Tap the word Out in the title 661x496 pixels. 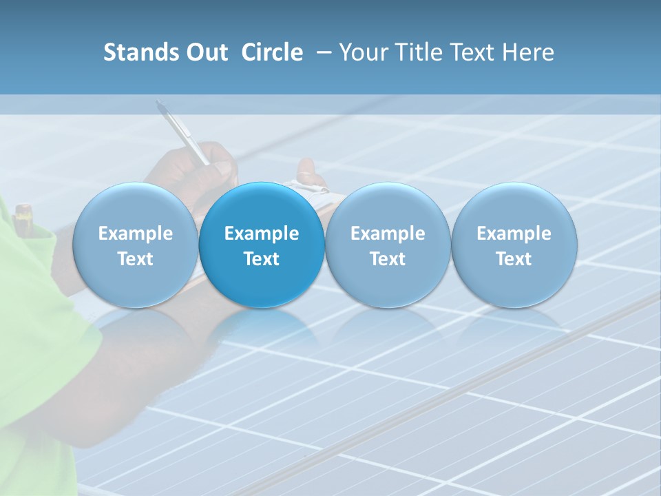tap(204, 52)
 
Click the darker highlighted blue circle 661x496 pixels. tap(262, 245)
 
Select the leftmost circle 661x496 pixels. tap(135, 245)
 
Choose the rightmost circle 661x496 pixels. tap(514, 245)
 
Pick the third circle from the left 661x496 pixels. tap(388, 245)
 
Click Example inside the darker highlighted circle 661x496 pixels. tap(262, 234)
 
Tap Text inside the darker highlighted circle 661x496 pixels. tap(262, 259)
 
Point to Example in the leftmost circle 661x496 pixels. tap(135, 234)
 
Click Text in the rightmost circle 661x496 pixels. tap(514, 259)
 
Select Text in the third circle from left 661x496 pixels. tap(388, 259)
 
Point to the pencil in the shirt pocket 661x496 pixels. tap(22, 213)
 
